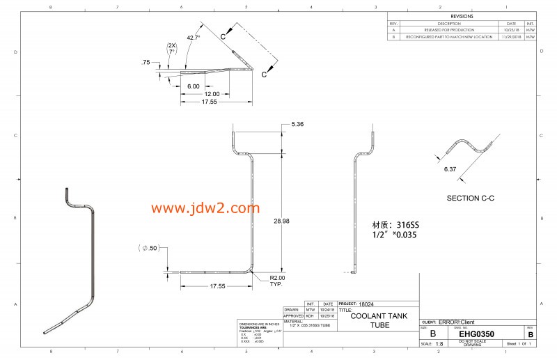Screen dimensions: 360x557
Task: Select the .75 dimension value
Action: point(146,63)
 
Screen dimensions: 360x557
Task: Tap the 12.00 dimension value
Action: point(212,94)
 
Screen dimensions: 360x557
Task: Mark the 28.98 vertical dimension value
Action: point(281,221)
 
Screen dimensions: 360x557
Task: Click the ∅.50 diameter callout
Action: point(148,248)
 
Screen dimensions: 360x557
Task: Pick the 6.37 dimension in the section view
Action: point(450,169)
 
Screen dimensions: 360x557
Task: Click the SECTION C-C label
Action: point(470,198)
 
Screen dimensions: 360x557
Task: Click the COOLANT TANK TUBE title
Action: point(379,320)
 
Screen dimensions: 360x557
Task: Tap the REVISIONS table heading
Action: point(461,15)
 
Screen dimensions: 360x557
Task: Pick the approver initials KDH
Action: point(311,316)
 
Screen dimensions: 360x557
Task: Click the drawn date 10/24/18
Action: point(327,311)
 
